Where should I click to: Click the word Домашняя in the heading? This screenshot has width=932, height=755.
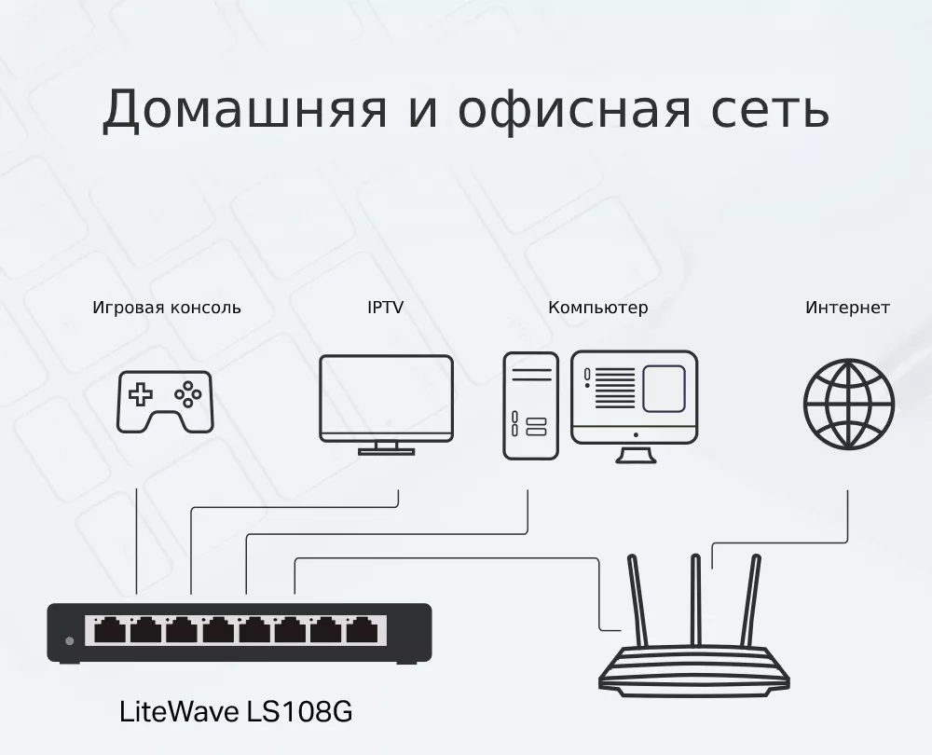click(244, 110)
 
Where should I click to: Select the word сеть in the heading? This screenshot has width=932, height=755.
click(770, 110)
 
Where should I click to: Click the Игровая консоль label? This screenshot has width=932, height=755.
click(167, 308)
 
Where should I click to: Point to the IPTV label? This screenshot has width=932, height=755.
click(385, 308)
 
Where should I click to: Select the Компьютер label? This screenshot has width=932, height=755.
click(598, 308)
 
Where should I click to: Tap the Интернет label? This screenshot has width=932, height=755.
click(847, 308)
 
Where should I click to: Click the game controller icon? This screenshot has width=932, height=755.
click(165, 402)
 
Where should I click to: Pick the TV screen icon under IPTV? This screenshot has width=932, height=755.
click(387, 405)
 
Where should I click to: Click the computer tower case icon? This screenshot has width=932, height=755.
click(531, 405)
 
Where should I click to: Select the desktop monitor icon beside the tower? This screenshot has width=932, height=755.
click(634, 406)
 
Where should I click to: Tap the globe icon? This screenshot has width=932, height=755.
click(849, 404)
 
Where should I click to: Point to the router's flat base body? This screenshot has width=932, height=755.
click(693, 672)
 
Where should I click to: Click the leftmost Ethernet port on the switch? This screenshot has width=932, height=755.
click(110, 630)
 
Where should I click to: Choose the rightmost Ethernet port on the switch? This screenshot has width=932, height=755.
click(362, 630)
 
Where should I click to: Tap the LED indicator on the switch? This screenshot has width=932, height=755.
click(70, 641)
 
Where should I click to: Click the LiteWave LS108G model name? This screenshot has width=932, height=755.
click(236, 711)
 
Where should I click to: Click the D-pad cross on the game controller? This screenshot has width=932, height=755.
click(141, 394)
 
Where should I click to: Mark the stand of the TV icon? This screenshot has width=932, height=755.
click(387, 448)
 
